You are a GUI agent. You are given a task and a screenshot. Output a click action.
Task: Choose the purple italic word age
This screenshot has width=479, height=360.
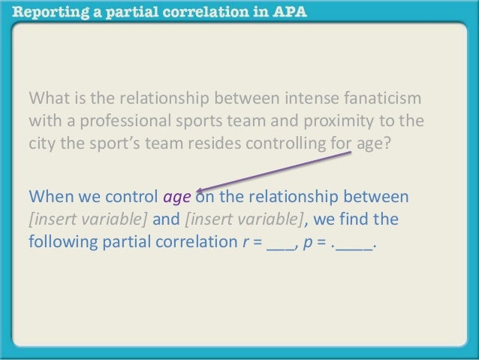click(177, 198)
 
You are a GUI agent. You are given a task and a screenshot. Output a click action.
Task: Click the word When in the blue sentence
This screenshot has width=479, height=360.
click(50, 197)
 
